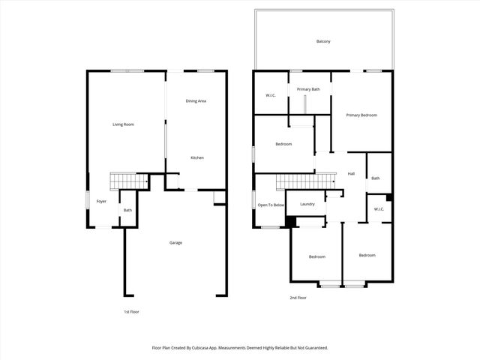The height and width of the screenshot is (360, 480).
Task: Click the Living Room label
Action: click(x=123, y=124)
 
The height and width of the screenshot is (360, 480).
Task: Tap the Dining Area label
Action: click(x=196, y=100)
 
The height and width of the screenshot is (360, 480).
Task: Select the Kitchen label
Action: click(x=196, y=157)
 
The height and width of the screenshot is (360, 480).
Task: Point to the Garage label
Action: click(x=175, y=242)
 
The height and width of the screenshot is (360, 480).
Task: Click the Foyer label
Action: click(x=101, y=201)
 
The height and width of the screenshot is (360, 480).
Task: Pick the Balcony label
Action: click(x=323, y=41)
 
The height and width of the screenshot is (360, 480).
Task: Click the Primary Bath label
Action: click(x=308, y=89)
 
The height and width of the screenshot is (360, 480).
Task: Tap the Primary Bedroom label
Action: click(x=361, y=115)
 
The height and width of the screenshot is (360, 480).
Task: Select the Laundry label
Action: click(x=307, y=204)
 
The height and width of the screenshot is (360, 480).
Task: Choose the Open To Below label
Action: click(x=271, y=205)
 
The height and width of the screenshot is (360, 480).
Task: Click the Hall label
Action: click(x=351, y=173)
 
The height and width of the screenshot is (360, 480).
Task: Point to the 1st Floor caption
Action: click(x=132, y=310)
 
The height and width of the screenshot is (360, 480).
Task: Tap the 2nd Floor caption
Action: click(x=298, y=298)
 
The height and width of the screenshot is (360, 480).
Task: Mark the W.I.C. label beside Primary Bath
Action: click(x=271, y=95)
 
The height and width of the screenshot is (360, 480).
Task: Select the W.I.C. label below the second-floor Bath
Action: click(x=379, y=208)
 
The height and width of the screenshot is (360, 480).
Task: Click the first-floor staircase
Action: click(x=124, y=181)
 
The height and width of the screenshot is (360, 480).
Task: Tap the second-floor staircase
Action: click(x=304, y=181)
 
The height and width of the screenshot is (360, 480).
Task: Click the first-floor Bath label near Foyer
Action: click(x=127, y=210)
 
